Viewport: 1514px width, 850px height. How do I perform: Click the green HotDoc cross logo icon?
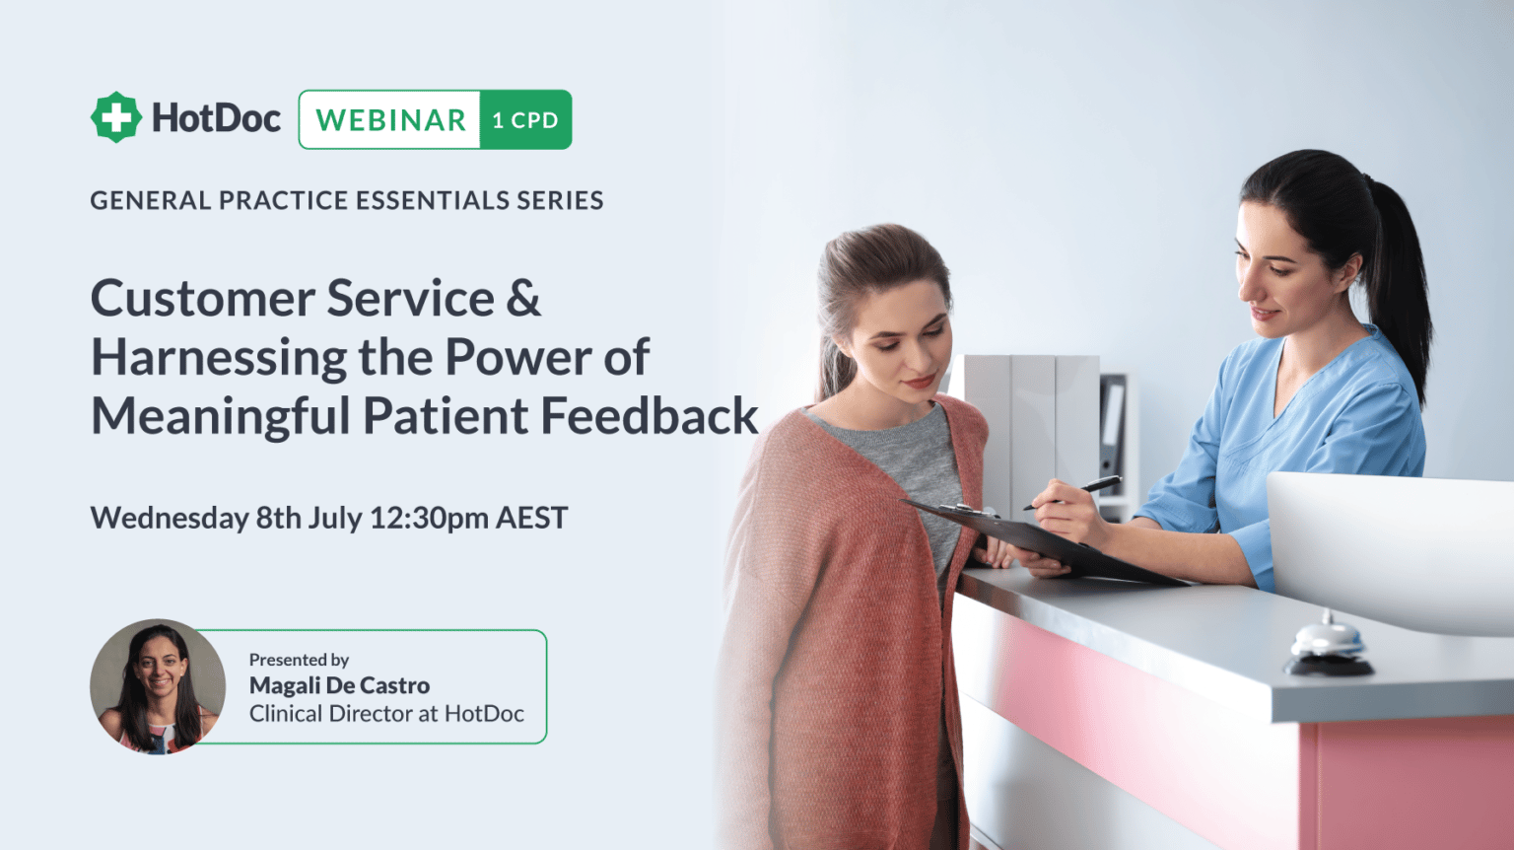[x=116, y=117]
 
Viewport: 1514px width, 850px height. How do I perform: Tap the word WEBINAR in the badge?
[x=390, y=120]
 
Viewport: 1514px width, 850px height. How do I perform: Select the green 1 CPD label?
[x=525, y=120]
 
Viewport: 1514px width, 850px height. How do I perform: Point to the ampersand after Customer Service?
[x=523, y=298]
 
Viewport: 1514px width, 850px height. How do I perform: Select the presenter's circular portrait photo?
[x=158, y=686]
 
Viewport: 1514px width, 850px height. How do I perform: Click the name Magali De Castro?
[x=339, y=685]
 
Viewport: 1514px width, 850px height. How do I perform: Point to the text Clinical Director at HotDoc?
[x=386, y=714]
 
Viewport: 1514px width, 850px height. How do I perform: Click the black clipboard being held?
[x=1045, y=541]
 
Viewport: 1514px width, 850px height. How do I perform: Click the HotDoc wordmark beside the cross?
[x=216, y=118]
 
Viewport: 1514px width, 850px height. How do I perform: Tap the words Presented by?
[x=299, y=660]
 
